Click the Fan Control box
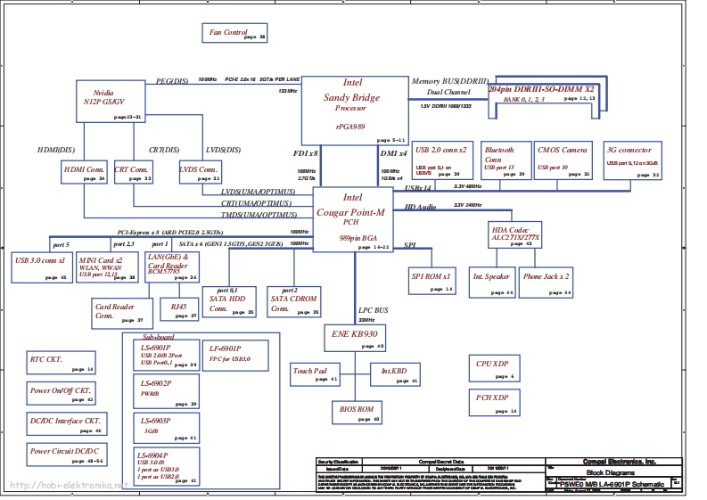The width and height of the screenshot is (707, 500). [x=236, y=34]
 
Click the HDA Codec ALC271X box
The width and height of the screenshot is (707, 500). [x=516, y=234]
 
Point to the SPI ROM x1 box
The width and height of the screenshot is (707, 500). [x=433, y=281]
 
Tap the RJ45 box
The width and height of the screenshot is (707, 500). [x=185, y=310]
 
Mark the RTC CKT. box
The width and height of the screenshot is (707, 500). [x=62, y=363]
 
